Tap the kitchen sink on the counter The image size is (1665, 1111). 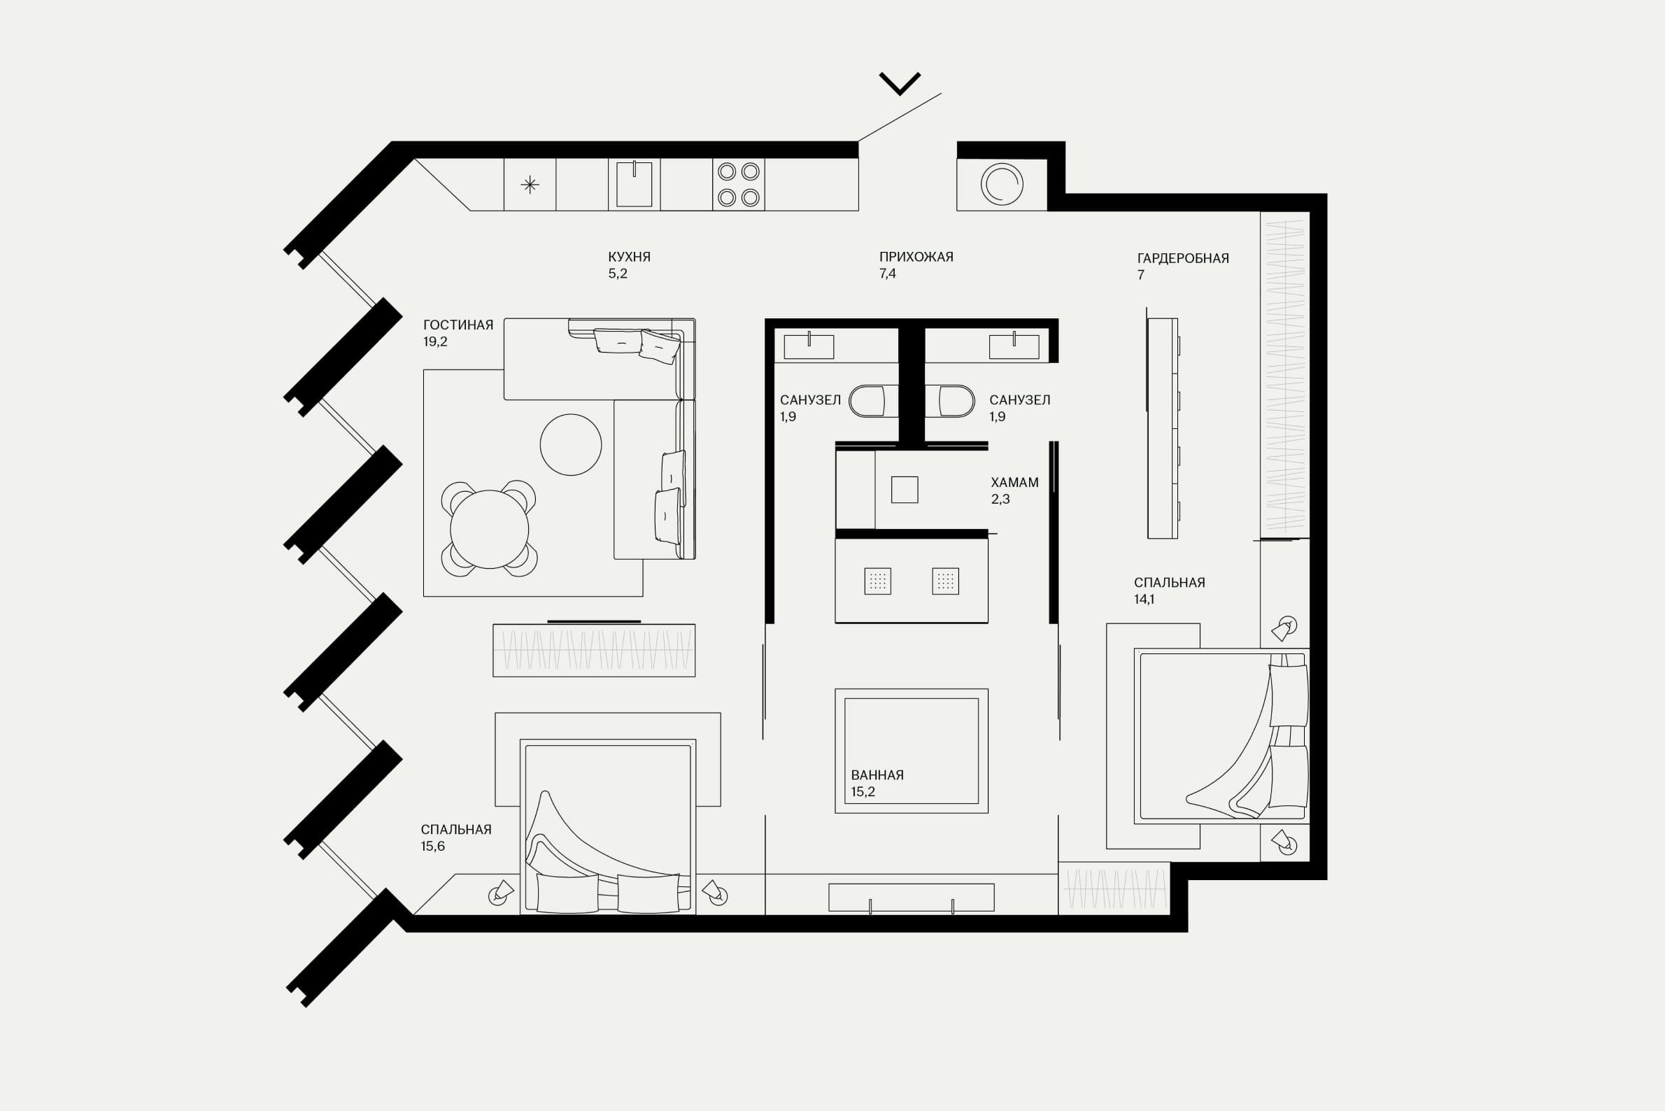(634, 184)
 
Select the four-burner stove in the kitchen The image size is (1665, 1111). (738, 184)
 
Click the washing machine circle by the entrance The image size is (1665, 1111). (1002, 184)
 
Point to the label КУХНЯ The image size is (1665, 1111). (629, 257)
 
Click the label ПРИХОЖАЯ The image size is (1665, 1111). (916, 257)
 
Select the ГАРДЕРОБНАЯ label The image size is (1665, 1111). (1182, 259)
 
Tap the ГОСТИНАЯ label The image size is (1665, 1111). (458, 325)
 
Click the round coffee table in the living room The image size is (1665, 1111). (570, 444)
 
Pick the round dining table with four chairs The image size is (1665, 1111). (489, 529)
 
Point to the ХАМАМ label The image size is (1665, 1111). (1014, 483)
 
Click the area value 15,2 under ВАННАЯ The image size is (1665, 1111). (863, 792)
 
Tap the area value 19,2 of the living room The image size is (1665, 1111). (435, 341)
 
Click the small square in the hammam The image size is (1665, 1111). (905, 490)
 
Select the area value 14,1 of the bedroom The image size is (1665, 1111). (1144, 600)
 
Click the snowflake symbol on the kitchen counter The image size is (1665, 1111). (530, 185)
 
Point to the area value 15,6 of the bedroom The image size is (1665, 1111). (432, 846)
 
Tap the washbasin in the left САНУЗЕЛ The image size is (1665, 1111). (809, 346)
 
